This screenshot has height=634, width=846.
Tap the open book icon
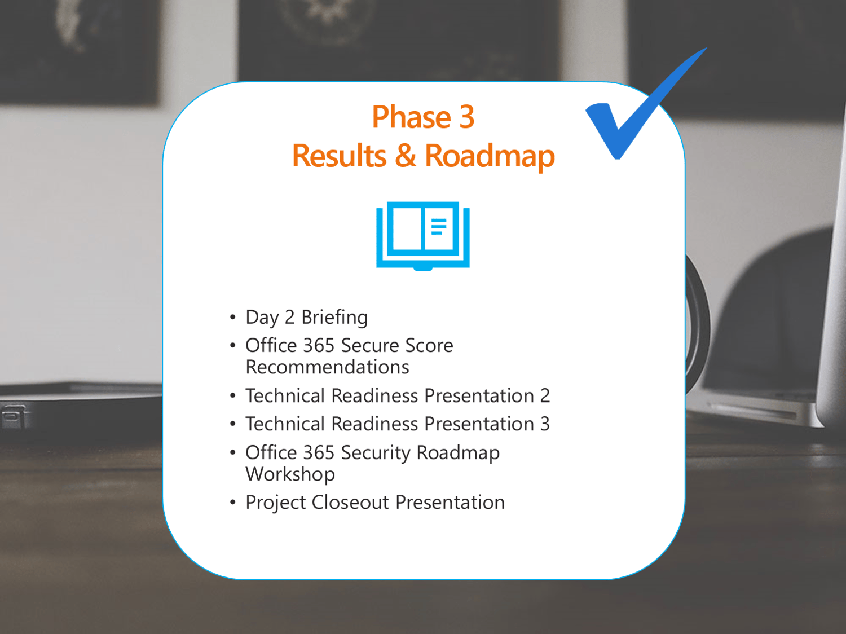tap(423, 236)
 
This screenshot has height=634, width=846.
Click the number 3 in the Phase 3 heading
tap(467, 117)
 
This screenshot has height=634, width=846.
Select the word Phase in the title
tap(411, 117)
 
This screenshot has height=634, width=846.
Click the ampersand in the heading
tap(406, 155)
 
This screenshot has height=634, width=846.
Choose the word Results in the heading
tap(339, 155)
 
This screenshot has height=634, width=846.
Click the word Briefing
tap(334, 318)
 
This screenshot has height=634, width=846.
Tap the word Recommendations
tap(327, 367)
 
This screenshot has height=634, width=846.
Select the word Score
tap(429, 345)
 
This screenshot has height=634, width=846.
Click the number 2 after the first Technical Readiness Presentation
tap(545, 395)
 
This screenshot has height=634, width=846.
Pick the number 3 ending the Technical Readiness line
tap(545, 424)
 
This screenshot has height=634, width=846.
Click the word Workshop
tap(290, 474)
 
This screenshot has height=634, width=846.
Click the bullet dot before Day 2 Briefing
tap(232, 317)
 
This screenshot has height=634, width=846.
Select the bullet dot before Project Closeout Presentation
tap(232, 502)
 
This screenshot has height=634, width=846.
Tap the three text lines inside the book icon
tap(439, 227)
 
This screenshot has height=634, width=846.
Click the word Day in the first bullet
tap(262, 318)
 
